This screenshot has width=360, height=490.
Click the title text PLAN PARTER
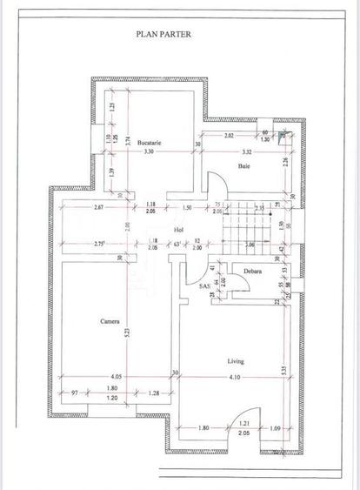(x=163, y=35)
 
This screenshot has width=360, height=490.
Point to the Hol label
(x=178, y=230)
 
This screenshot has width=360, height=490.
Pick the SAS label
(x=204, y=285)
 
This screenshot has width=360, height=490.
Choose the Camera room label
(x=109, y=321)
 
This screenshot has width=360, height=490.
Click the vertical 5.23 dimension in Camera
(x=128, y=331)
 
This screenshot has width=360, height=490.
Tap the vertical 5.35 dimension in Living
(x=285, y=370)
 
